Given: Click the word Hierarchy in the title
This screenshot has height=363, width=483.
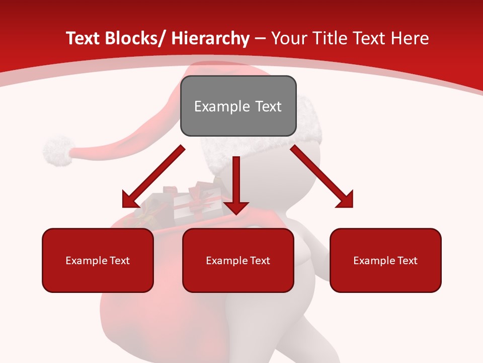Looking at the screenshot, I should coord(210,39).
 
